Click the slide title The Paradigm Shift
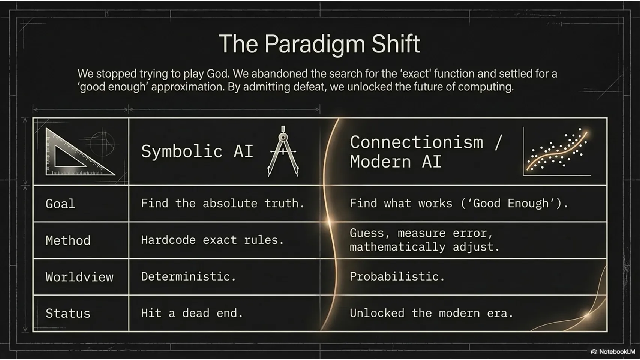pos(319,44)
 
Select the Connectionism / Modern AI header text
pos(426,152)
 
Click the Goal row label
pos(60,204)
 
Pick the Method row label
pos(68,240)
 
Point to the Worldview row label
pos(79,277)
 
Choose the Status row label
pos(68,313)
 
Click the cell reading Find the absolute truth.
pos(223,203)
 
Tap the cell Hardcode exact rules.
pos(212,240)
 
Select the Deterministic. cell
pos(188,276)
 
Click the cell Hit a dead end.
pos(192,313)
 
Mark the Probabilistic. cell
pos(397,276)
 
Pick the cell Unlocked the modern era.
pos(432,313)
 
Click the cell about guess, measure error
pos(424,240)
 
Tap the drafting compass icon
pos(283,151)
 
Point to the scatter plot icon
pos(556,151)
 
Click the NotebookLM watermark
pos(613,351)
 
